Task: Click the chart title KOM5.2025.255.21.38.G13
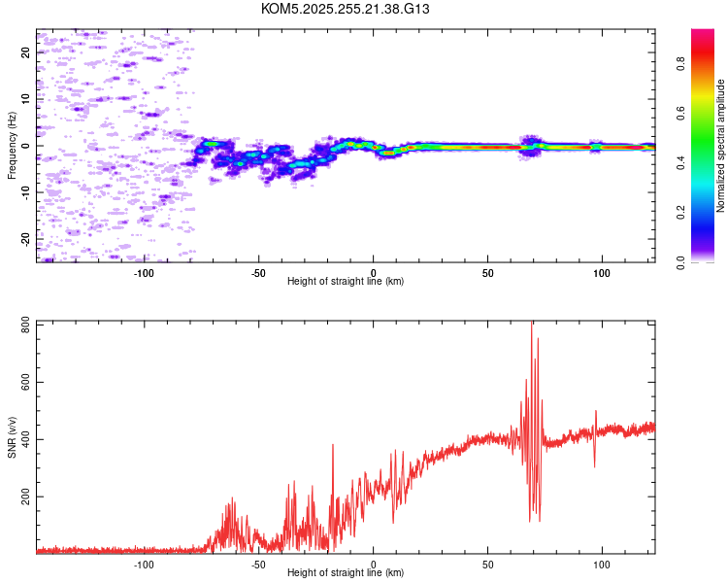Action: [x=346, y=9]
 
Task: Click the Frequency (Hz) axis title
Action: [x=12, y=146]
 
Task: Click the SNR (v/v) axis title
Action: [x=12, y=436]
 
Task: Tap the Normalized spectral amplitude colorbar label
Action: [x=721, y=146]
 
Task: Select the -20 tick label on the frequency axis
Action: [x=25, y=238]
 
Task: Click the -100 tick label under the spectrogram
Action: [x=144, y=272]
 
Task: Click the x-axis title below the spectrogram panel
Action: [x=346, y=282]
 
